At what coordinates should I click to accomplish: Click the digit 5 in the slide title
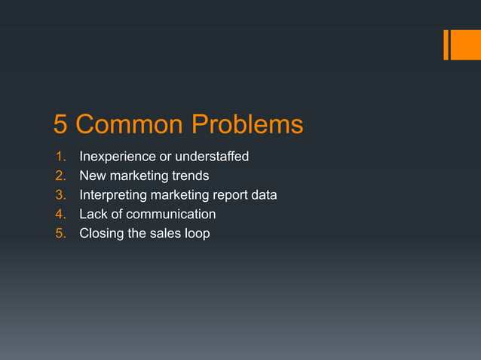click(x=61, y=124)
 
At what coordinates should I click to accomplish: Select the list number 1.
click(x=60, y=157)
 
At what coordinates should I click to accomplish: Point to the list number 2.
click(x=60, y=176)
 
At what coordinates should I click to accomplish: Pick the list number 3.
click(x=60, y=195)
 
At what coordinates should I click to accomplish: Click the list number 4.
click(x=60, y=215)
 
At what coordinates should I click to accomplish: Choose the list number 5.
click(x=60, y=233)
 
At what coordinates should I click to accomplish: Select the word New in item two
click(x=93, y=176)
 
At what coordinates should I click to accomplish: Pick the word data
click(x=264, y=195)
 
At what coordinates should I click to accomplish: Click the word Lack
click(x=94, y=215)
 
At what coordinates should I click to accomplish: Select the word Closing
click(x=102, y=233)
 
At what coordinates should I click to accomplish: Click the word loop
click(x=195, y=234)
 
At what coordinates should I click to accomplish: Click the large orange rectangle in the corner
click(x=460, y=44)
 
